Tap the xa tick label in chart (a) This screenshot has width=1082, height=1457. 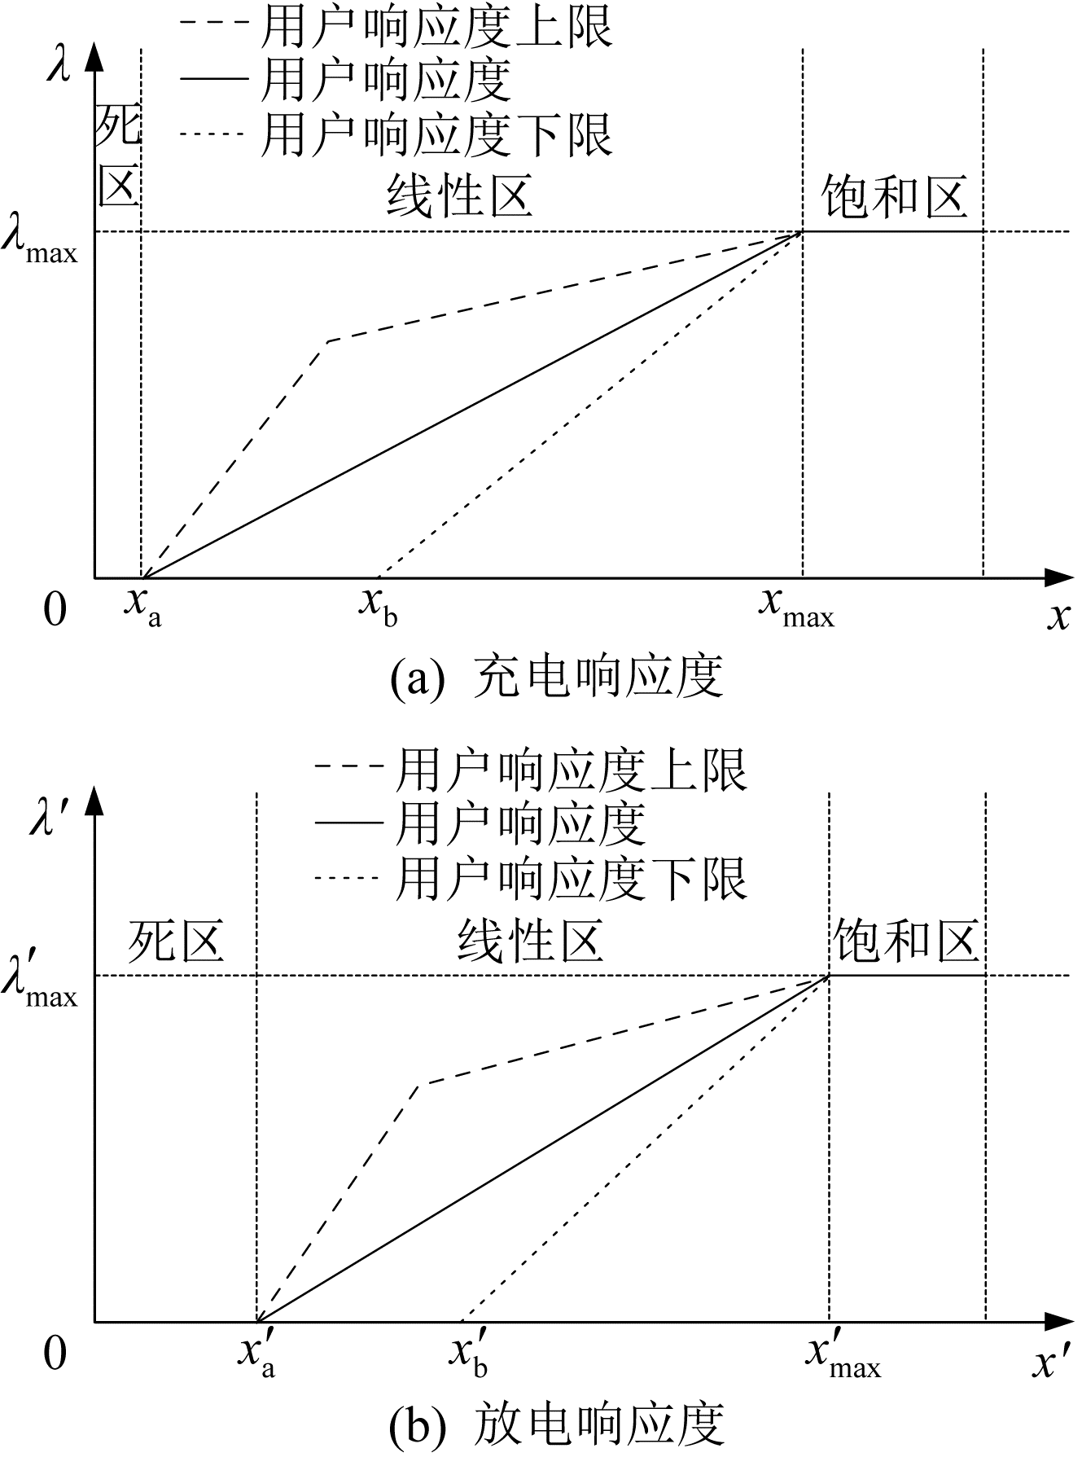[143, 608]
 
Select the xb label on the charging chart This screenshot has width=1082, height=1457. [379, 608]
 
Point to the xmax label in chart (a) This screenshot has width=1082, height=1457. [797, 608]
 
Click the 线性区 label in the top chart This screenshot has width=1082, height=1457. [459, 196]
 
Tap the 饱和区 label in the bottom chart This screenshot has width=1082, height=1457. [905, 941]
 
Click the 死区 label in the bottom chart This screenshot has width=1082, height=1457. [176, 941]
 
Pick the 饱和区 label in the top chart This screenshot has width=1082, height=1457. [894, 196]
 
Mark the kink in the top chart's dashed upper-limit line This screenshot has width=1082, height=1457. [327, 340]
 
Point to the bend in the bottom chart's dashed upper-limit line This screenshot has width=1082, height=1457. [418, 1084]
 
